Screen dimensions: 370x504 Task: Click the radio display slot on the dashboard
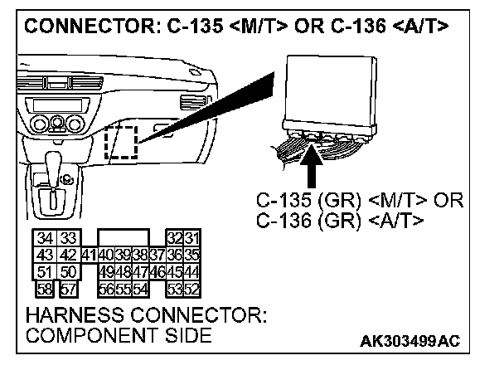point(49,102)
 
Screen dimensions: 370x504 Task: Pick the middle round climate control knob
point(56,126)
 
